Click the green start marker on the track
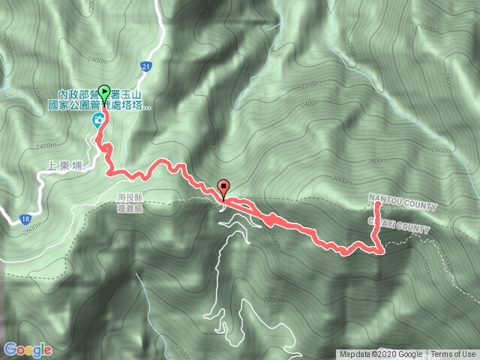pos(103,93)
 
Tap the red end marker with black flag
pos(223,187)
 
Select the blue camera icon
pos(97,121)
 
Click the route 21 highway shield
pos(147,67)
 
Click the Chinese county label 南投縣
pos(130,199)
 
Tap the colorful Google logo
pos(28,349)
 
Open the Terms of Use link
pos(453,355)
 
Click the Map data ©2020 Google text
pos(381,355)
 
